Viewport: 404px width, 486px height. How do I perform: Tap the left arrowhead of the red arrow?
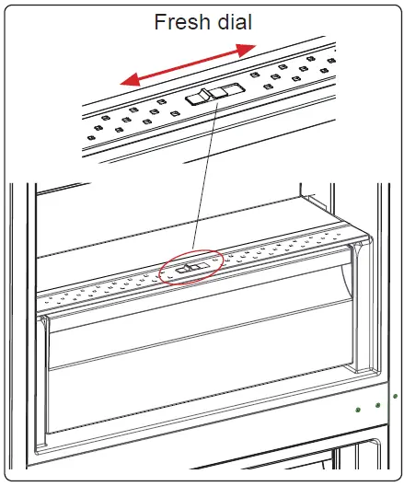point(133,80)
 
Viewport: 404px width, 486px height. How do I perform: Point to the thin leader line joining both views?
point(204,175)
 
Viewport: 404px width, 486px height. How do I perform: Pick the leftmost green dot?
point(356,411)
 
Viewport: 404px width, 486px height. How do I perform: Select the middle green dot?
point(376,405)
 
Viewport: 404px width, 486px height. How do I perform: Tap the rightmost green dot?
point(396,398)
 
